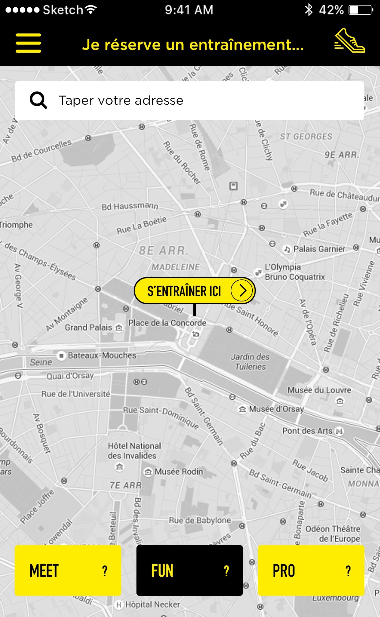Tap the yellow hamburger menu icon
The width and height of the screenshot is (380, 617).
point(28,43)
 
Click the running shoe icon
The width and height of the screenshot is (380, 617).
point(349,41)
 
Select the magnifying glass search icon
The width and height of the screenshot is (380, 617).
point(38,100)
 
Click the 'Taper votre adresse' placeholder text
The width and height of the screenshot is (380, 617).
point(121,100)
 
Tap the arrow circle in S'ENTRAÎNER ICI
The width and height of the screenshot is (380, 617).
point(242,290)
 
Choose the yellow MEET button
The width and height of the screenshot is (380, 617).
point(68,570)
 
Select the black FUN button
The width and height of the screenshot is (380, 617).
point(189,570)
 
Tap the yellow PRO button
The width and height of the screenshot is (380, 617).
point(311,570)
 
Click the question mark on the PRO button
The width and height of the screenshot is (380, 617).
point(348,571)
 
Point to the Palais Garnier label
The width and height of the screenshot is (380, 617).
point(319,249)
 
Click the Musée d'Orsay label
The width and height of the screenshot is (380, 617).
point(276,409)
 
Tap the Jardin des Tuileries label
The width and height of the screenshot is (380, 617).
point(250,362)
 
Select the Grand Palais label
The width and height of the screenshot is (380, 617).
point(88,327)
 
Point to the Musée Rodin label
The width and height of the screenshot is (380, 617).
point(179,472)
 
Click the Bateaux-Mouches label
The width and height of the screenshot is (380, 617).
point(102,355)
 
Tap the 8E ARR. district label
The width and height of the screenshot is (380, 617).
point(163,251)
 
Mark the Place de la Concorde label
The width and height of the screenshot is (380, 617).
point(167,323)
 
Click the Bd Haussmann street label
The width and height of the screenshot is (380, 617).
point(130,207)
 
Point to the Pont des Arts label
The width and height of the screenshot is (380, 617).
point(307,431)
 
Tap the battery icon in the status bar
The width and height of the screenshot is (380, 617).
point(360,10)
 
